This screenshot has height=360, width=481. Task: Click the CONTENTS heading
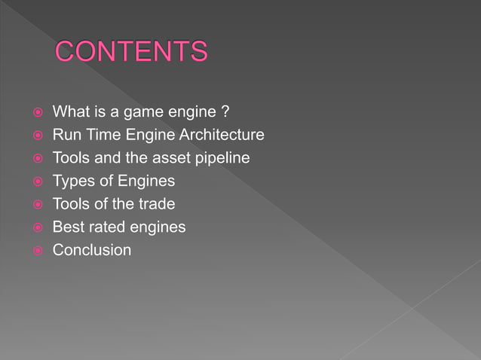pyautogui.click(x=131, y=52)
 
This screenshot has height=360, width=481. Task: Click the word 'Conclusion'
pyautogui.click(x=91, y=249)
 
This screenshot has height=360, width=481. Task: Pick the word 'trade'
pyautogui.click(x=155, y=204)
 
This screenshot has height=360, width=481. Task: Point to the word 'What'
pyautogui.click(x=70, y=113)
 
